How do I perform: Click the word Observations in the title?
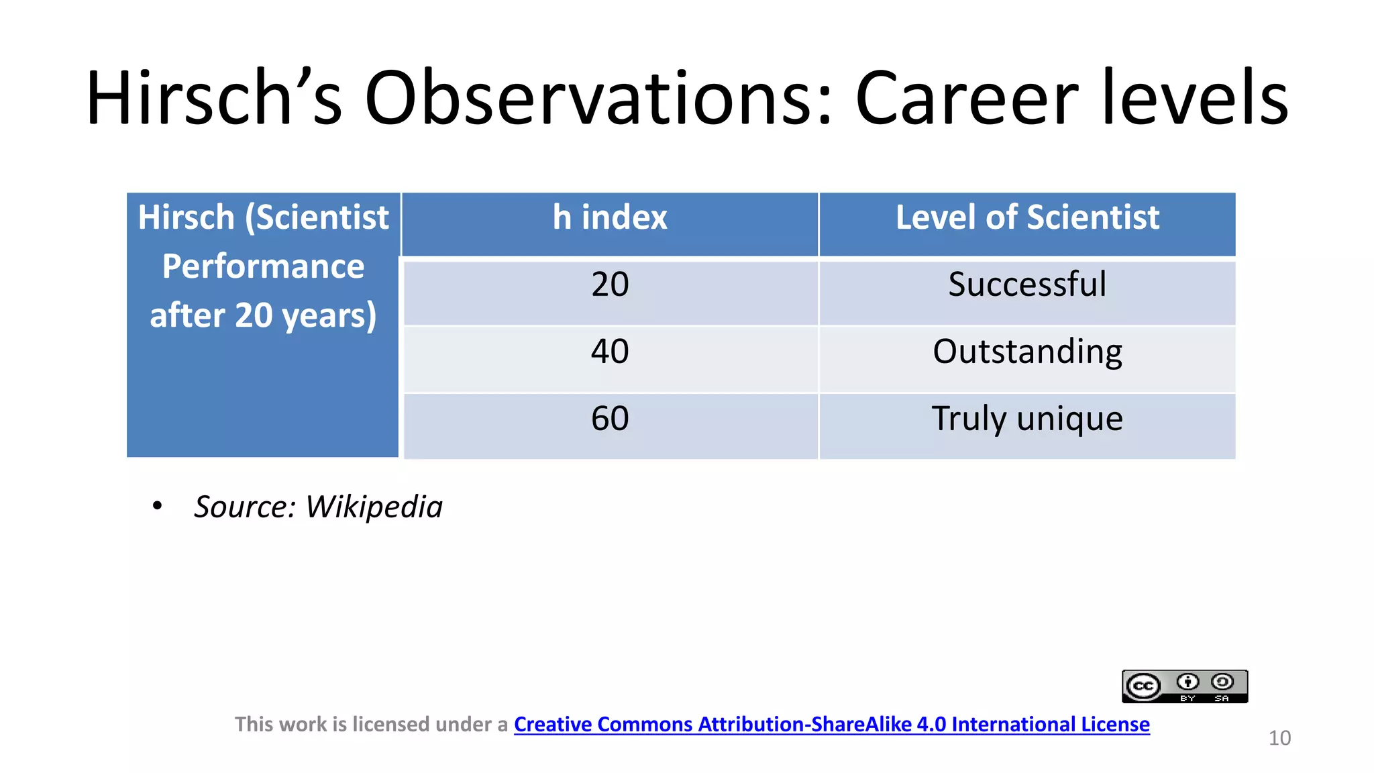point(597,98)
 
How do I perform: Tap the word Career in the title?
point(966,98)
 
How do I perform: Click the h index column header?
point(609,218)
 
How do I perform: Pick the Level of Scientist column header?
point(1026,218)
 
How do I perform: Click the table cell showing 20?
point(609,285)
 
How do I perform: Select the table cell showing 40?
point(609,352)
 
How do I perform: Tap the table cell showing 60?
point(609,419)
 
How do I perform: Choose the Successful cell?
point(1026,285)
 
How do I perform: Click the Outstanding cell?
point(1026,352)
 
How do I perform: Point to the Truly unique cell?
point(1026,419)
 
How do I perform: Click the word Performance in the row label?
point(263,267)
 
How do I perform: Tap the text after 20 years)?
point(263,315)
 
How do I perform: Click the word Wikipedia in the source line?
point(374,507)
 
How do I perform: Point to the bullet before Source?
point(157,506)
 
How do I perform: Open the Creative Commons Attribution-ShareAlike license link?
point(831,725)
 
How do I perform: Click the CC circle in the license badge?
point(1143,686)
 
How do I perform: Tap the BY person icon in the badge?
point(1187,682)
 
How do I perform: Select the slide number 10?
point(1279,738)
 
